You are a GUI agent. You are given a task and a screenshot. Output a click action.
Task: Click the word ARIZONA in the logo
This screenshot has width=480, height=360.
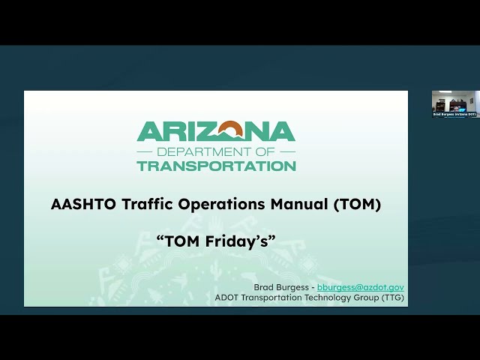tap(216, 132)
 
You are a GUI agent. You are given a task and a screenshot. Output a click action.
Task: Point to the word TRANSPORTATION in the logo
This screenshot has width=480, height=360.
tap(216, 165)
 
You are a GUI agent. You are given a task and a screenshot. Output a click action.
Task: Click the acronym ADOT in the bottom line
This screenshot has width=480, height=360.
tap(228, 297)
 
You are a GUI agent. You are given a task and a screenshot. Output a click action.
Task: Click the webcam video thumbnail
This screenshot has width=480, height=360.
tap(454, 103)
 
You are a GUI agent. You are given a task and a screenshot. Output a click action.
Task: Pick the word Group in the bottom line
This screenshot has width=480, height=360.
tap(361, 297)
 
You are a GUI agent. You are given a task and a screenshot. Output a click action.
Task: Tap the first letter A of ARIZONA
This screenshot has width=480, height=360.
tap(147, 132)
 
